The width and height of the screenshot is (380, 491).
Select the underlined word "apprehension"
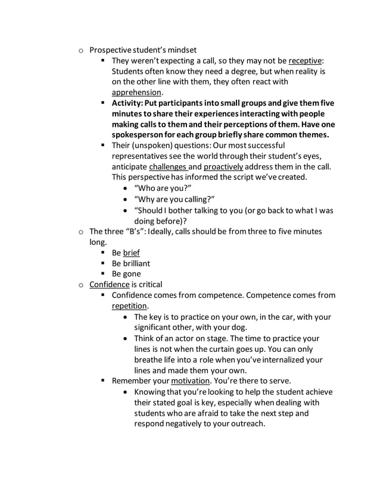point(136,92)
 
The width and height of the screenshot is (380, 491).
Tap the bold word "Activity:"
point(130,103)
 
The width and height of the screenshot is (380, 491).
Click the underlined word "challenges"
point(167,166)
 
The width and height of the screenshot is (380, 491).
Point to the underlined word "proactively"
point(219,166)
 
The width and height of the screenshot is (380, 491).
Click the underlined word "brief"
point(131,253)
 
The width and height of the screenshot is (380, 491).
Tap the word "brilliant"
point(136,263)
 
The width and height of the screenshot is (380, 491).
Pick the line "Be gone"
point(126,274)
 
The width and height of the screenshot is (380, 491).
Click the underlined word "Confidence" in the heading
point(109,284)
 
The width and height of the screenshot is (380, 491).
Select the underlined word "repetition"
point(130,306)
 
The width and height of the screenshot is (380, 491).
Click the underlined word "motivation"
point(190,380)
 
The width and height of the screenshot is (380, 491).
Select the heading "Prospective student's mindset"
point(142,50)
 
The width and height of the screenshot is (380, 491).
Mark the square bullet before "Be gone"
point(103,274)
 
